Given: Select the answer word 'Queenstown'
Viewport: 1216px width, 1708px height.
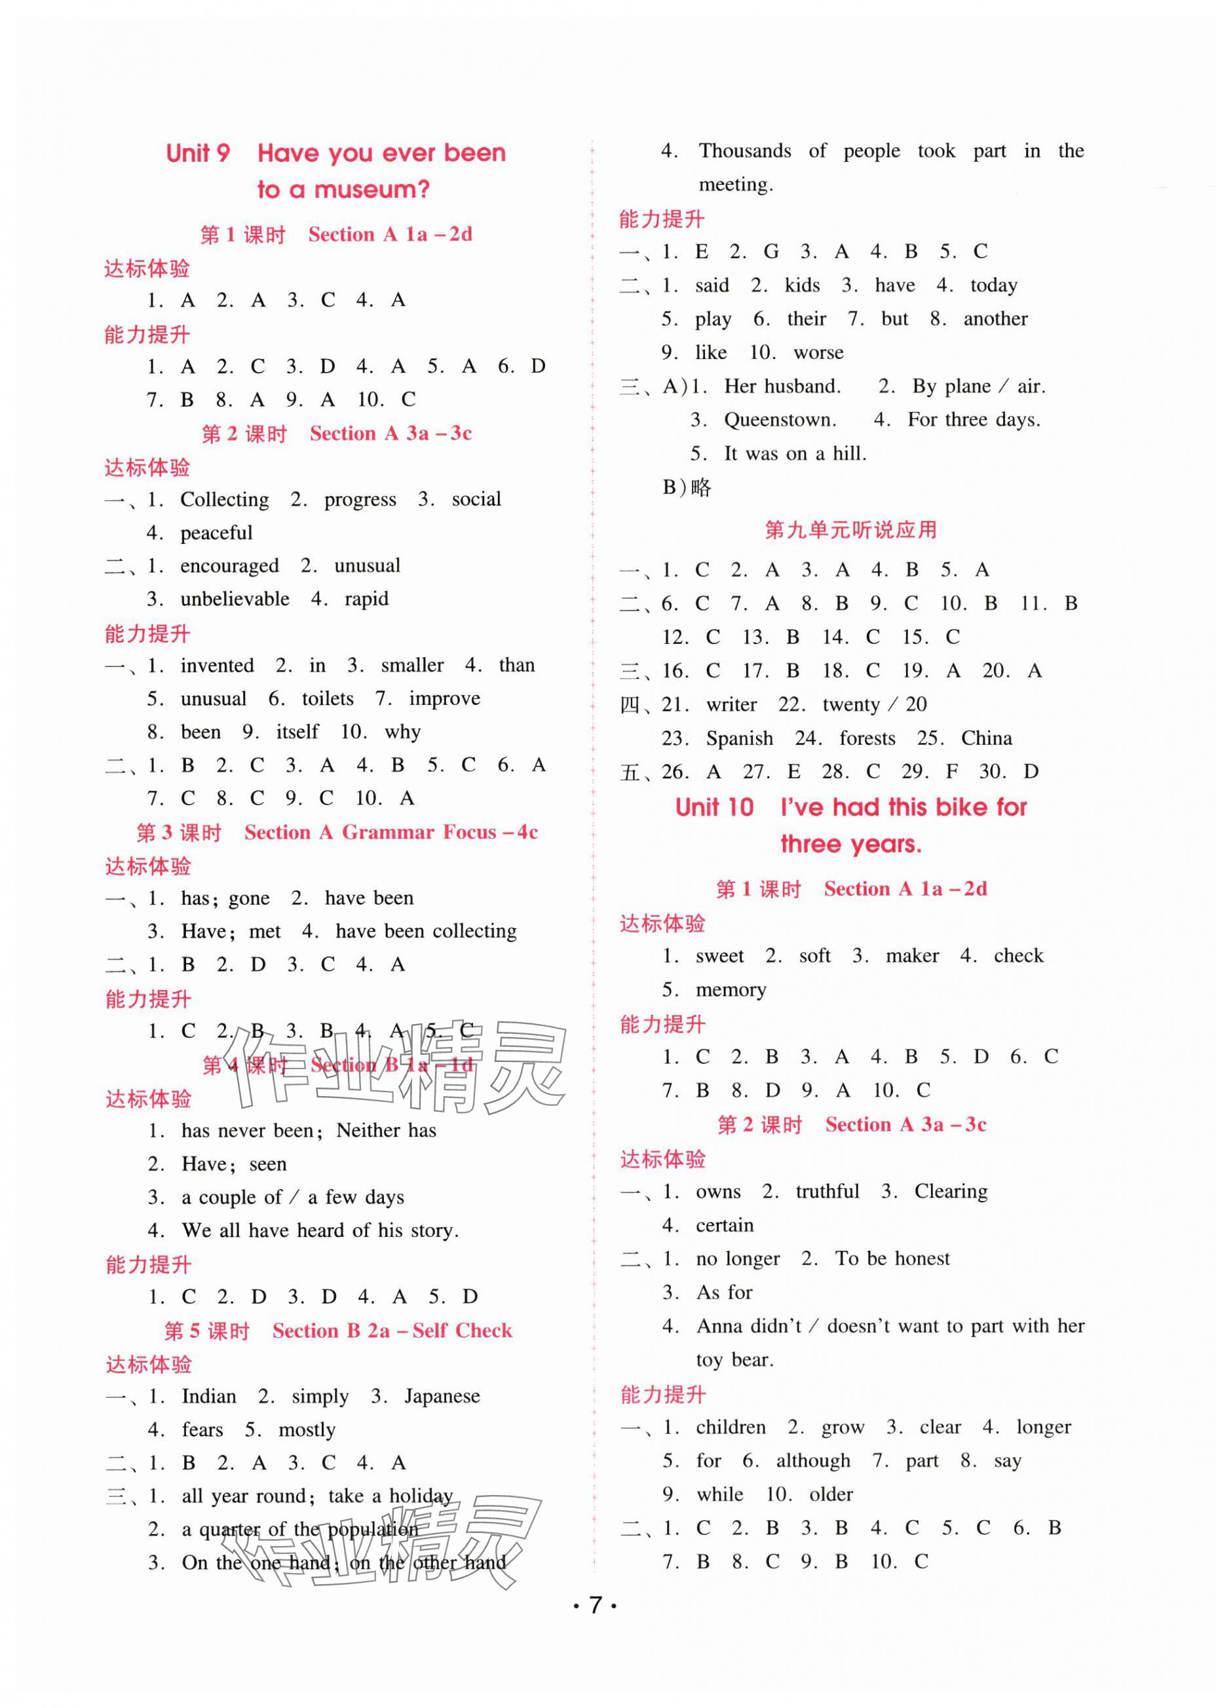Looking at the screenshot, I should pos(780,419).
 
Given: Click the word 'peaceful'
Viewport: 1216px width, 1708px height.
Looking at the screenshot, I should pos(216,533).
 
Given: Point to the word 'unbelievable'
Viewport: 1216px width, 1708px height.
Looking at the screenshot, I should pos(235,599).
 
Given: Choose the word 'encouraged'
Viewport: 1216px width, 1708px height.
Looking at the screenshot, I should pos(229,565).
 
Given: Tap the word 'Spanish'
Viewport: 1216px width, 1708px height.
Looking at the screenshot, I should pos(739,738).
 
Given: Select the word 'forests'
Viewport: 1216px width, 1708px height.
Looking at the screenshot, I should pos(867,738).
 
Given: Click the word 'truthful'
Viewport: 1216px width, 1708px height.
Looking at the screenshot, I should pos(827,1190).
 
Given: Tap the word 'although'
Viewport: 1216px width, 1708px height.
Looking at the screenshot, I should pos(813,1460).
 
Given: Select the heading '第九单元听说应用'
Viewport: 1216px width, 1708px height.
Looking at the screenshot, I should pos(850,530).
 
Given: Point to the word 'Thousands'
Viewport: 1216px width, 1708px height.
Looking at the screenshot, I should pos(744,151).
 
